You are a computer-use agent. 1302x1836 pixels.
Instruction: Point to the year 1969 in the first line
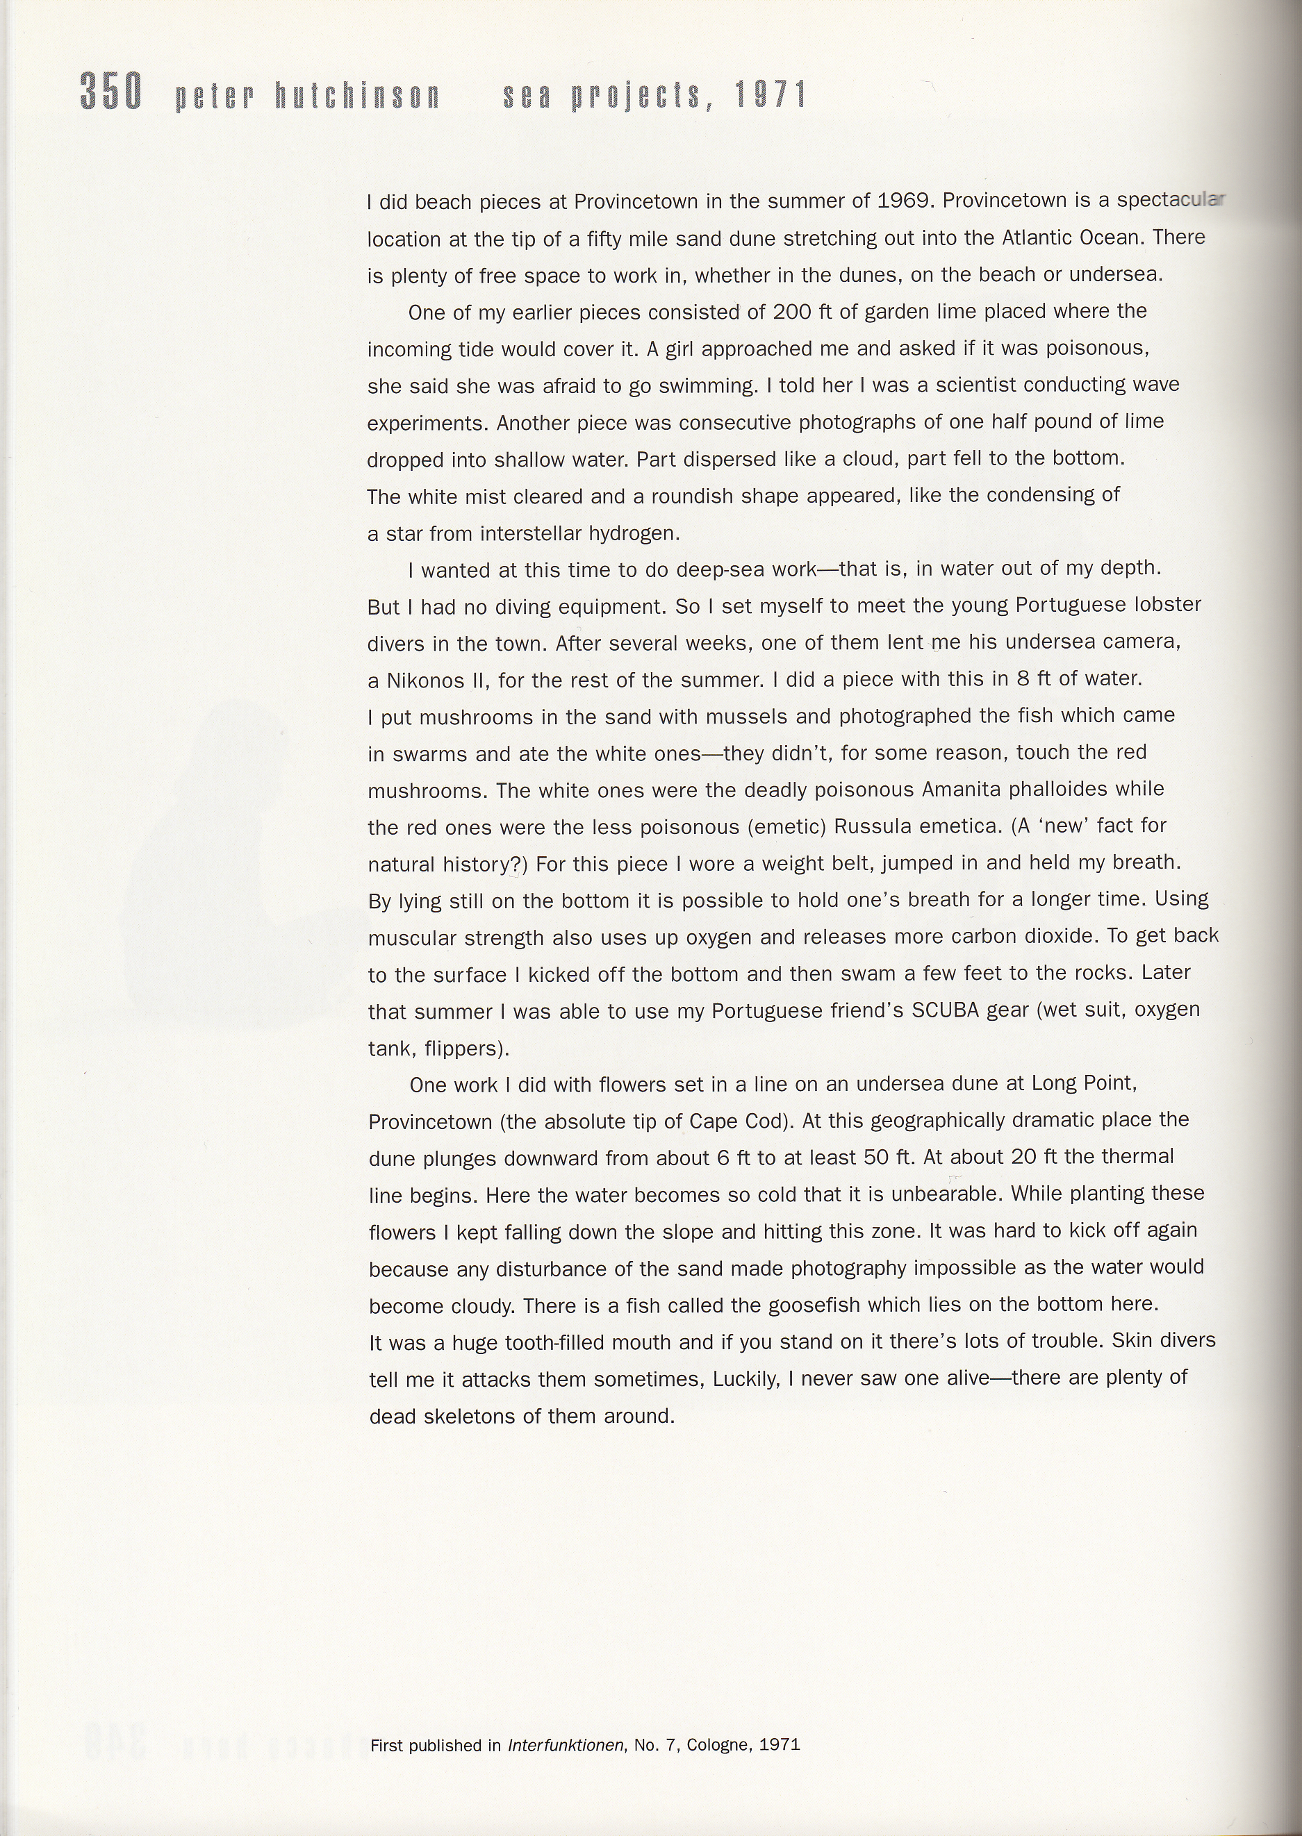click(x=903, y=201)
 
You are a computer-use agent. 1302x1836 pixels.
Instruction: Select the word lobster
click(x=1171, y=605)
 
